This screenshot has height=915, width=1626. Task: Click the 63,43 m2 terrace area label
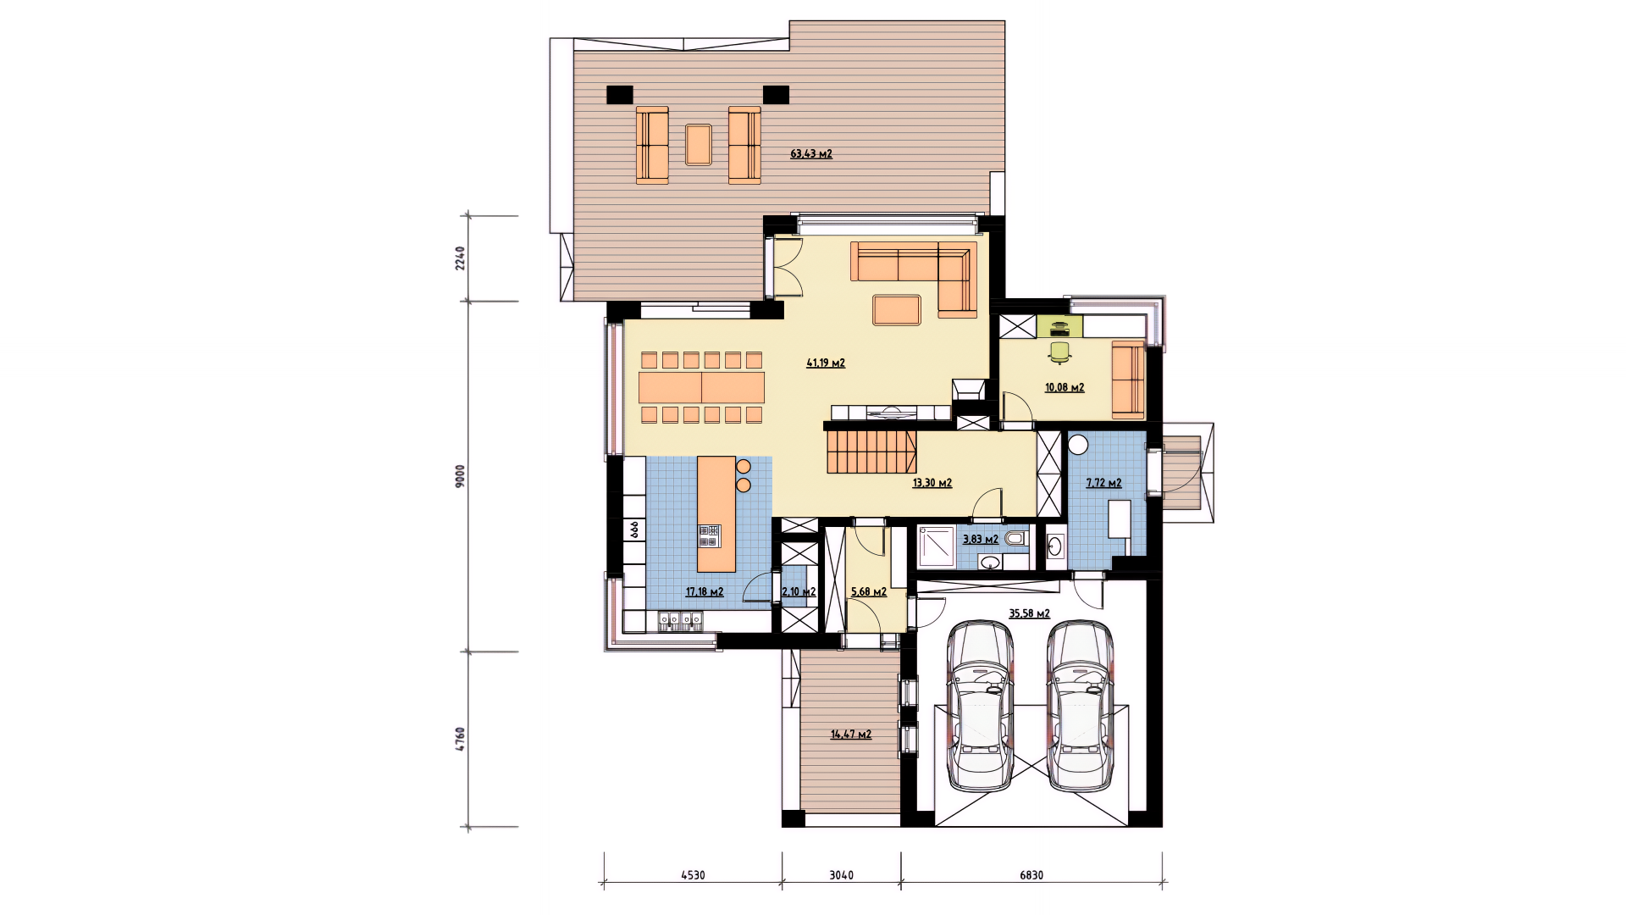click(x=811, y=154)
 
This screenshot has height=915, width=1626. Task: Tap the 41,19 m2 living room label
click(x=826, y=363)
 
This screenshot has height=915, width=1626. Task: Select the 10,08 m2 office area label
click(x=1065, y=387)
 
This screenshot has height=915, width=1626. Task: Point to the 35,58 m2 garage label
click(x=1030, y=613)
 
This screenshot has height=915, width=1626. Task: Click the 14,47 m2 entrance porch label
click(x=851, y=735)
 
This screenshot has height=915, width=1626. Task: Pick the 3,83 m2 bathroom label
click(x=981, y=539)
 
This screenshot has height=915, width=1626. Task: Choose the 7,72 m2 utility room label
click(x=1104, y=483)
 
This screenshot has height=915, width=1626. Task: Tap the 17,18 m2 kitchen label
click(x=705, y=591)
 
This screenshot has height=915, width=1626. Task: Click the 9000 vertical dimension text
click(x=460, y=476)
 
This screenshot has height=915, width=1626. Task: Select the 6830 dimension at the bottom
click(x=1031, y=875)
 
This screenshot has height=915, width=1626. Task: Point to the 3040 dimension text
click(x=841, y=875)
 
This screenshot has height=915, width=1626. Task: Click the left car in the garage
click(x=981, y=707)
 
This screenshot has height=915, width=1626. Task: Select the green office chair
click(x=1059, y=352)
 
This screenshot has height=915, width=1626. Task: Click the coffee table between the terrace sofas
click(x=699, y=144)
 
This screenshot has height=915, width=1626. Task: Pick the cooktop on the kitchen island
click(x=709, y=535)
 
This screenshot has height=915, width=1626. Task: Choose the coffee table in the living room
click(x=897, y=309)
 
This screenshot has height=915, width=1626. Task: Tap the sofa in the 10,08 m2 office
click(x=1128, y=380)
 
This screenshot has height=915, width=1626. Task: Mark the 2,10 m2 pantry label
click(x=799, y=591)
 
